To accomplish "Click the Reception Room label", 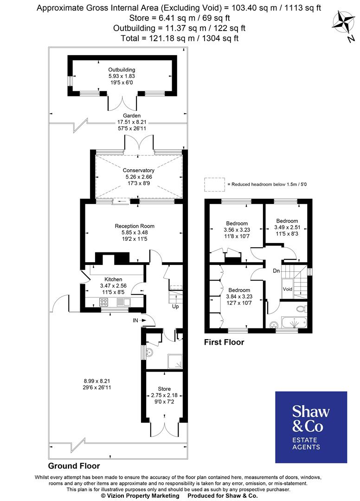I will point(135,226).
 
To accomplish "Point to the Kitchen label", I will point(113,279).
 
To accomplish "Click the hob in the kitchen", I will point(104,302).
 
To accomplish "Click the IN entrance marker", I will point(135,320).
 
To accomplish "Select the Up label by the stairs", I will point(175,307).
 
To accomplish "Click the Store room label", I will point(164,389).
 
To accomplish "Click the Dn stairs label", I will point(276,270).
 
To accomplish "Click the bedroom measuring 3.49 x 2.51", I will point(287,221).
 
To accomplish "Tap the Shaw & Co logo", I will point(311,427).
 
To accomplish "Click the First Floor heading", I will point(224,343).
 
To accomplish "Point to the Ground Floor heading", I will point(74,466).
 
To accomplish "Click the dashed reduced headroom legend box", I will point(213,184).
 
